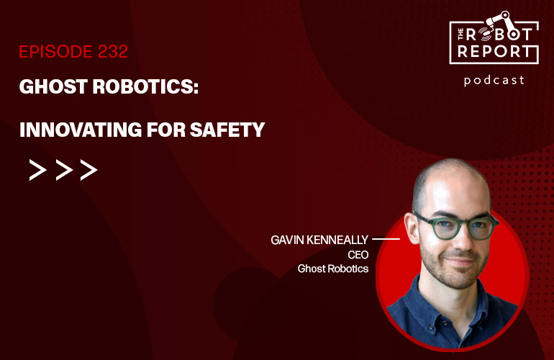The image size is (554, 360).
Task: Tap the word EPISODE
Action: pos(53,52)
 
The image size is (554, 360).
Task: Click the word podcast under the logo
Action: pos(494,80)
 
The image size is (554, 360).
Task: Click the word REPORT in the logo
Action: pos(494,52)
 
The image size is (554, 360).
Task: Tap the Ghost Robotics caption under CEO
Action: pos(333,269)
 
